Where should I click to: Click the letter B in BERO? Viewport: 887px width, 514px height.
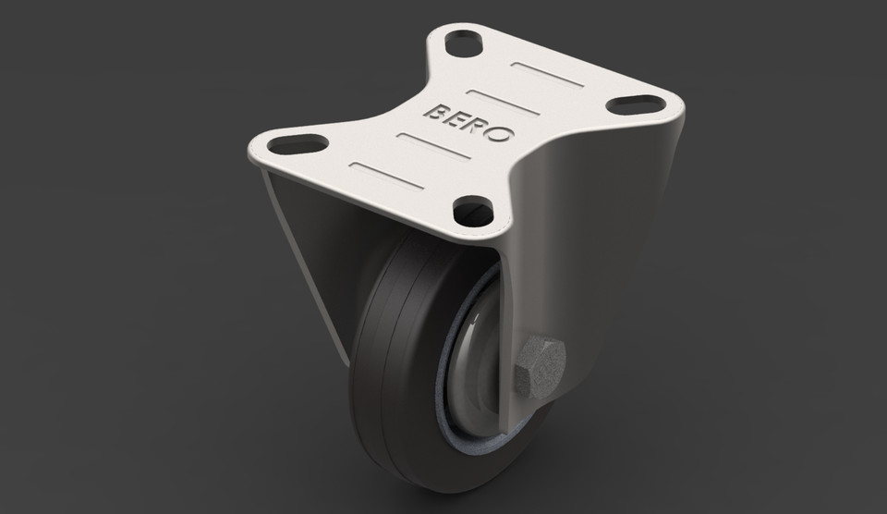434,112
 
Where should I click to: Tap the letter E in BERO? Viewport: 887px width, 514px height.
455,118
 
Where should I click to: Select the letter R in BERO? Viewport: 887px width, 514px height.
476,126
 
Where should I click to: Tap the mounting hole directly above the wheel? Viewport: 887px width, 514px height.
474,211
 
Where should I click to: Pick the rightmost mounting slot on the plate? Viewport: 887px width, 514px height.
637,104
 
